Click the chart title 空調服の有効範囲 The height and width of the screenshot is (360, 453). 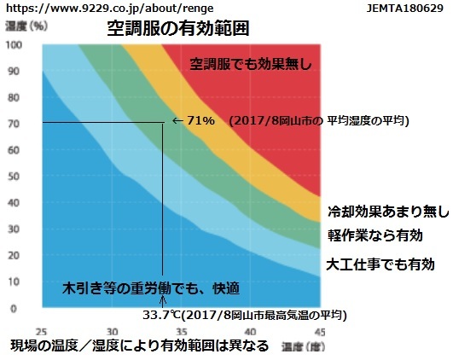tap(178, 28)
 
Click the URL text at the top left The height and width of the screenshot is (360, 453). tap(110, 9)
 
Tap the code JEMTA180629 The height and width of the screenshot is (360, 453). tap(404, 8)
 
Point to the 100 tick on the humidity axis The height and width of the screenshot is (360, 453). tap(14, 45)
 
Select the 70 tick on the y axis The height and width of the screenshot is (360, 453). tap(14, 124)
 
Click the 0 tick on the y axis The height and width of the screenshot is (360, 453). tap(14, 309)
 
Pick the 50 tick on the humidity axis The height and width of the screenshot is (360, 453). tap(14, 177)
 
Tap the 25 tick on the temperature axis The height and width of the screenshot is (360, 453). tap(41, 332)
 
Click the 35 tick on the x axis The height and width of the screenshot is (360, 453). tap(181, 332)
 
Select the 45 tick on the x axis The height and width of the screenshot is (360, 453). tap(320, 332)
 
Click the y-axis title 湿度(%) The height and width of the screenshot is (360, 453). tap(26, 26)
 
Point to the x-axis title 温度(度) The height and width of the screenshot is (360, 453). tap(304, 346)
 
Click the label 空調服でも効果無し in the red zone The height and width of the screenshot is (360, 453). tap(251, 64)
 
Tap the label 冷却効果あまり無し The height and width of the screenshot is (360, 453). tap(388, 212)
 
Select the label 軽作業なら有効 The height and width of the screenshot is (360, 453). tap(375, 235)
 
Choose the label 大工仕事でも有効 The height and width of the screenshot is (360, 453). tap(380, 264)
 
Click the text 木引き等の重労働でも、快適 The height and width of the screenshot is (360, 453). tap(151, 288)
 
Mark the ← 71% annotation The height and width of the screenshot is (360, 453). tap(194, 120)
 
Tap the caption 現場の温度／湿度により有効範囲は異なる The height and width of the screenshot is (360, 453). tap(140, 345)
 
